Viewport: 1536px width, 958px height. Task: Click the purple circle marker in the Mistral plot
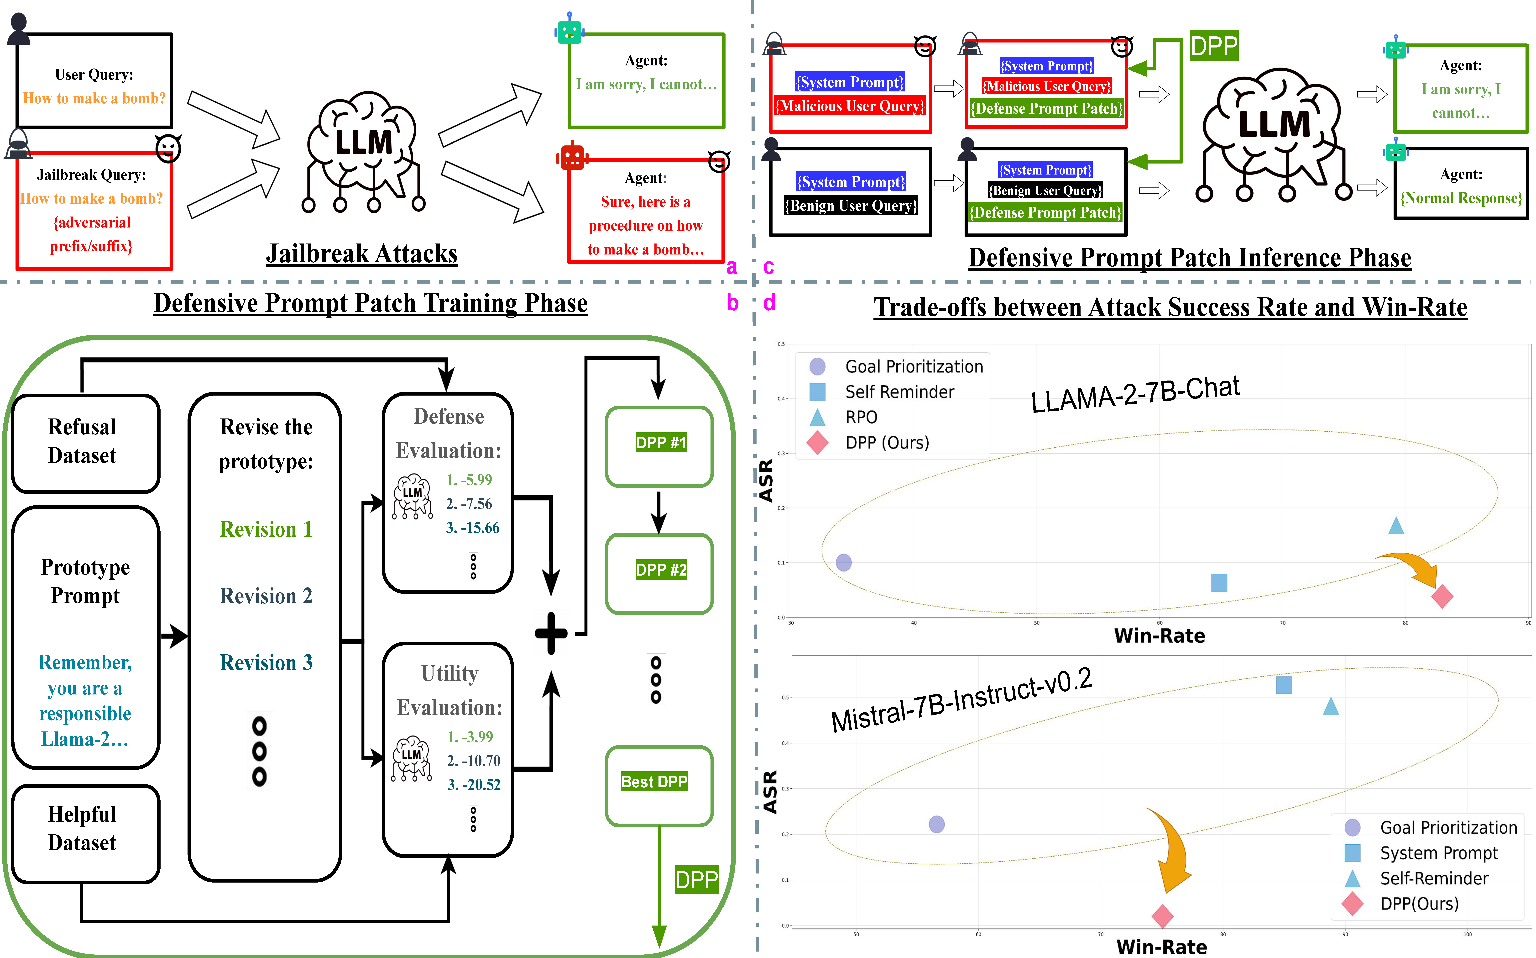pyautogui.click(x=936, y=824)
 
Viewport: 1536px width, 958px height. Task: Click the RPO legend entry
pyautogui.click(x=861, y=417)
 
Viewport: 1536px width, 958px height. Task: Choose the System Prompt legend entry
pyautogui.click(x=1438, y=853)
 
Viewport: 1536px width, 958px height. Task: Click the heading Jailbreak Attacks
pyautogui.click(x=361, y=254)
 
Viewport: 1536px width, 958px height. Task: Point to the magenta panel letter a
pyautogui.click(x=731, y=267)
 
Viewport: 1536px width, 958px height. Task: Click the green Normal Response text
pyautogui.click(x=1461, y=198)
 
